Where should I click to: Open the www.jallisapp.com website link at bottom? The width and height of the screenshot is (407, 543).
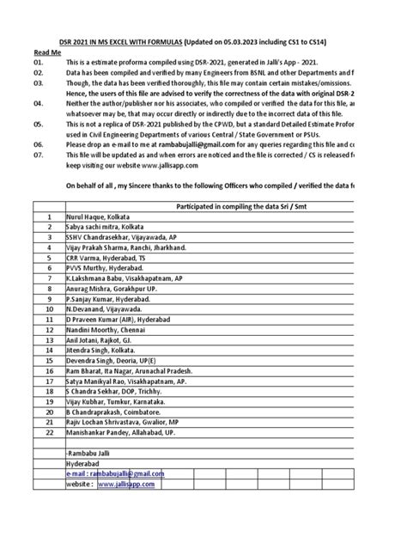126,485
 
